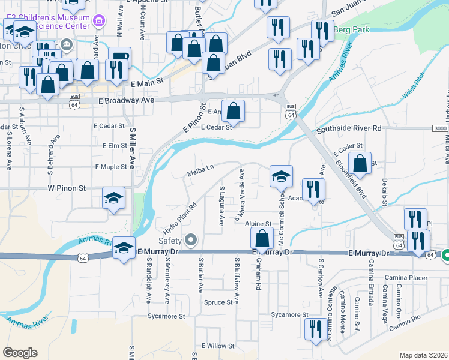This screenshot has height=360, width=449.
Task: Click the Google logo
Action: tap(20, 353)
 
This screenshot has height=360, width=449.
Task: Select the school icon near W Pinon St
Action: tap(113, 199)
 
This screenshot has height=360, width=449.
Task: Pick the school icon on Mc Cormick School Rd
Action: tap(280, 176)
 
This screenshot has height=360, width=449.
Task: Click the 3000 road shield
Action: tap(439, 128)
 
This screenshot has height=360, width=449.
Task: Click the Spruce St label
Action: tap(218, 302)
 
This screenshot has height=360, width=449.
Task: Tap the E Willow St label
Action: tap(218, 346)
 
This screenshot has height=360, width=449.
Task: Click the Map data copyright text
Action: tap(423, 355)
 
